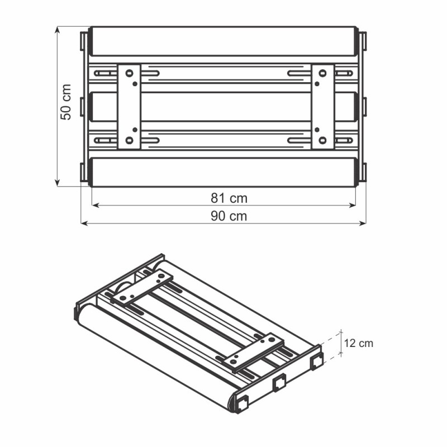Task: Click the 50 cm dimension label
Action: [66, 102]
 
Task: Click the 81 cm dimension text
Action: [229, 198]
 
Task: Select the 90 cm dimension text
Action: [229, 216]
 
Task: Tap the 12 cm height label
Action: [358, 343]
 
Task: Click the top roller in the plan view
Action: [223, 41]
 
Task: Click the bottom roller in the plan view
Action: [223, 172]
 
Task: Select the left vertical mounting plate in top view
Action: [129, 106]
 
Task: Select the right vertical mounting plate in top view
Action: [322, 106]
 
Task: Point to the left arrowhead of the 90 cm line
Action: [84, 223]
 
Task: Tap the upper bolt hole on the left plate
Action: [129, 73]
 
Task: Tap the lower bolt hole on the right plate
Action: [322, 140]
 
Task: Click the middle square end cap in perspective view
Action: [279, 383]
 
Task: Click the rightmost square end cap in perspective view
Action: [317, 361]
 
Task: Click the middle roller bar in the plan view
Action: [223, 106]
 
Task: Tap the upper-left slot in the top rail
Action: [103, 73]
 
